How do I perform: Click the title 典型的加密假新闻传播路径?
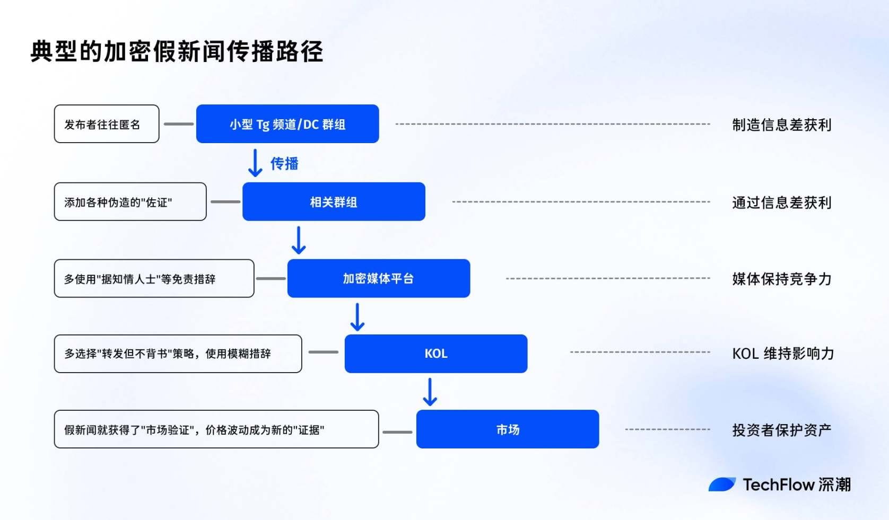click(177, 51)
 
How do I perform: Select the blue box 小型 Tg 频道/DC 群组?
click(287, 124)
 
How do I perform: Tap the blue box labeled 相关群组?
click(334, 201)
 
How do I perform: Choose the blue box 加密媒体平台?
click(379, 278)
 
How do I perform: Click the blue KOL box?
click(436, 354)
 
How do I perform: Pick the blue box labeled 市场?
click(508, 429)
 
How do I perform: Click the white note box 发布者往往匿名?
click(107, 124)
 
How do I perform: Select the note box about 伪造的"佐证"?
click(130, 201)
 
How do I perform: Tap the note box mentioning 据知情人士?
click(154, 278)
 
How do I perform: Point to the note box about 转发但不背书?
click(178, 354)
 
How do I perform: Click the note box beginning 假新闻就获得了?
click(216, 429)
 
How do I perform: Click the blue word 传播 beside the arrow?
click(284, 163)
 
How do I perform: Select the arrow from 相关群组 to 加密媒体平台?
click(299, 240)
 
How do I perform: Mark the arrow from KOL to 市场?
click(430, 392)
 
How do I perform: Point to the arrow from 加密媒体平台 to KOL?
click(357, 318)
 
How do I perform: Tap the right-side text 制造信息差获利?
click(781, 125)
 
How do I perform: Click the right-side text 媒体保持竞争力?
click(781, 279)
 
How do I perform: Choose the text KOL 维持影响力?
click(783, 354)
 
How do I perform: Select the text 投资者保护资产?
click(781, 430)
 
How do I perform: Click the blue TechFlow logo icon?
click(722, 484)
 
